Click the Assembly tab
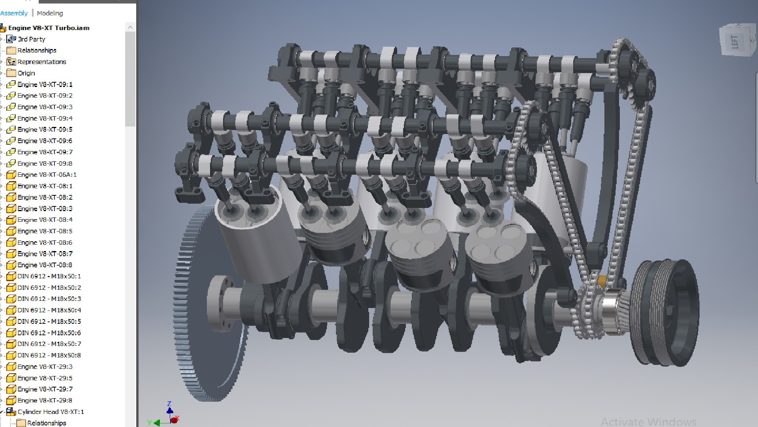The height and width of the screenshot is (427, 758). pyautogui.click(x=14, y=13)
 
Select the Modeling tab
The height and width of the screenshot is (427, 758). pyautogui.click(x=50, y=13)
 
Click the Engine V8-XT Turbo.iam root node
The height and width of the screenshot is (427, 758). pyautogui.click(x=49, y=28)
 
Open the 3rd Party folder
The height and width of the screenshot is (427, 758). pyautogui.click(x=31, y=39)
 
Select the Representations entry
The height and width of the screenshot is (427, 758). pyautogui.click(x=41, y=62)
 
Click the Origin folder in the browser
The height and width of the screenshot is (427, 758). pyautogui.click(x=26, y=73)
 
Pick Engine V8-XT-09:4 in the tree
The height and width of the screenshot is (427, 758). pyautogui.click(x=45, y=118)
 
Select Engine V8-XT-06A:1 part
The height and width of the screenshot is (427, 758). pyautogui.click(x=47, y=174)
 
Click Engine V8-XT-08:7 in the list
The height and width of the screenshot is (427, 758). pyautogui.click(x=45, y=253)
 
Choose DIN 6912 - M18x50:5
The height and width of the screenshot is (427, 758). pyautogui.click(x=49, y=321)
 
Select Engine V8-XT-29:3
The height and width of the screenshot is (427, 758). pyautogui.click(x=45, y=367)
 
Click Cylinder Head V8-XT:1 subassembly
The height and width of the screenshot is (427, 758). pyautogui.click(x=51, y=412)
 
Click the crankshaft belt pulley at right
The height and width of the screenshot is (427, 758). pyautogui.click(x=667, y=312)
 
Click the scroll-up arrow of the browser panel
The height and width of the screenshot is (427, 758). pyautogui.click(x=130, y=28)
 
